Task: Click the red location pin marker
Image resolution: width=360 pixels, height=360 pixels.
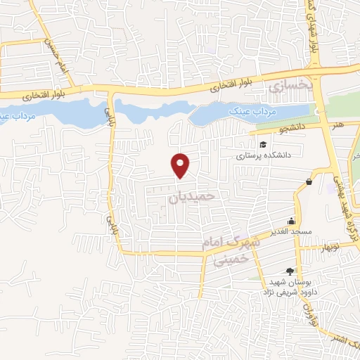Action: click(x=181, y=165)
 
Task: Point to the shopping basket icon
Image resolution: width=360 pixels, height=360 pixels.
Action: click(x=309, y=183)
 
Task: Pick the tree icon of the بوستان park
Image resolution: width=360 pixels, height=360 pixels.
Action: click(x=290, y=271)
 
